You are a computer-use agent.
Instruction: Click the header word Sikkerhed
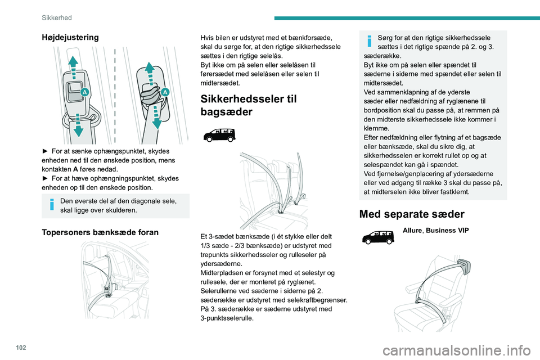[57, 17]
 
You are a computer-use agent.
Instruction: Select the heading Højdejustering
[70, 37]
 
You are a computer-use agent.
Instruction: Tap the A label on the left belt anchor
[84, 92]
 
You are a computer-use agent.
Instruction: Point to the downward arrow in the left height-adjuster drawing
[79, 128]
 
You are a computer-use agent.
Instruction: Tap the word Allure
[413, 231]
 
